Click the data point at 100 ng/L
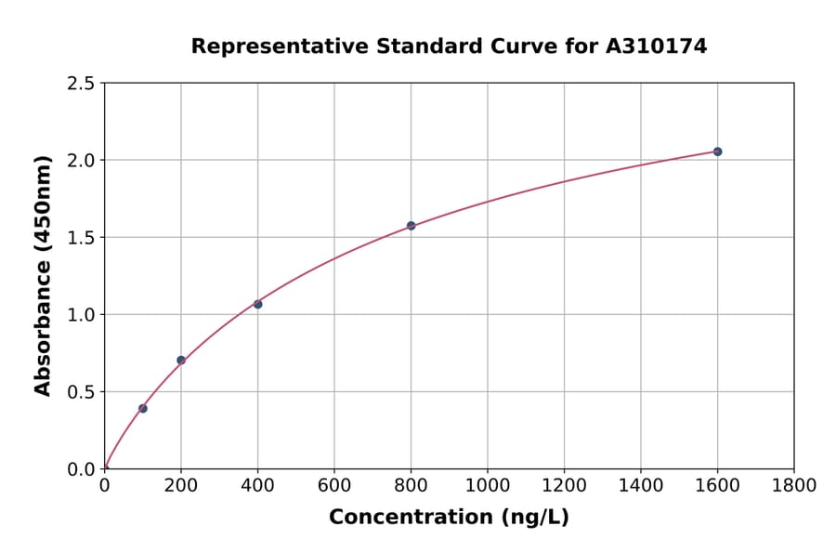click(143, 409)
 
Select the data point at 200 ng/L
click(181, 361)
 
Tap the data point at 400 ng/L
click(258, 305)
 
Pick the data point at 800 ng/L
click(411, 226)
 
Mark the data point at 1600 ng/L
click(717, 151)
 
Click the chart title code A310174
click(659, 46)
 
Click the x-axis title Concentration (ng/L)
click(449, 518)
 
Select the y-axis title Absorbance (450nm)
click(43, 276)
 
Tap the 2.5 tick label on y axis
click(81, 84)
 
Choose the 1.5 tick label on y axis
click(81, 238)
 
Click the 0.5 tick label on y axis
click(81, 392)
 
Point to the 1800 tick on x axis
click(793, 485)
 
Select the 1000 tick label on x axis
click(488, 485)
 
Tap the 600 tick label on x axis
click(334, 485)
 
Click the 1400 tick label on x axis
click(641, 485)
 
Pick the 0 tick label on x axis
click(105, 485)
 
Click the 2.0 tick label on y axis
click(81, 161)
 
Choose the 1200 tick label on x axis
click(564, 485)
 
